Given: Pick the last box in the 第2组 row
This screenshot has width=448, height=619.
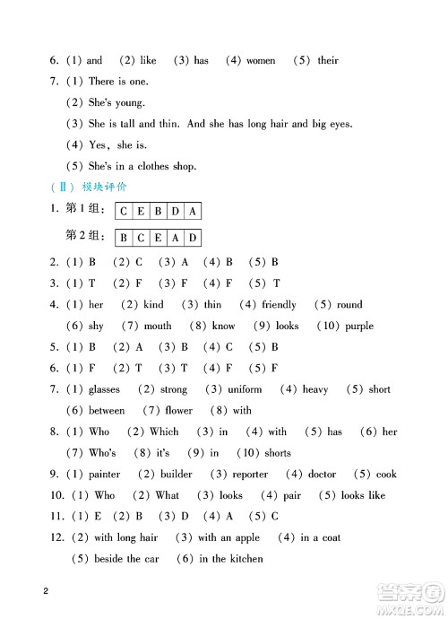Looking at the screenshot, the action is point(193,238).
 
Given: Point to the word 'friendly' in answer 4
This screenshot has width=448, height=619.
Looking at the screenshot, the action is point(279,305).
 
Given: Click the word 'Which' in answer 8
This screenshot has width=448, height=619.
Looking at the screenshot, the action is point(164,432).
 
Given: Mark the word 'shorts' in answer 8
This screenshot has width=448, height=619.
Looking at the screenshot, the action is point(279,453).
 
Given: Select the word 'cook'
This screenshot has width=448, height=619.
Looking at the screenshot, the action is point(386,475).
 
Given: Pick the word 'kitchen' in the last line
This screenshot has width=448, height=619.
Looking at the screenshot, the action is point(245,559).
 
